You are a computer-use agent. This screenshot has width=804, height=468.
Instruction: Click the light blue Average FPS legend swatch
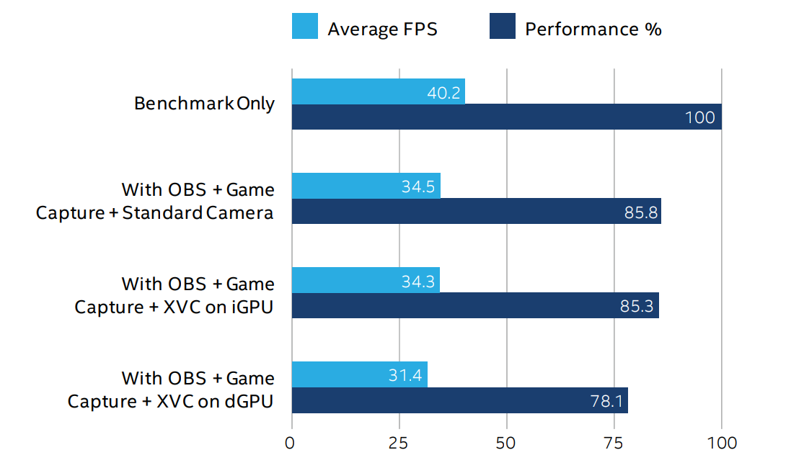click(304, 27)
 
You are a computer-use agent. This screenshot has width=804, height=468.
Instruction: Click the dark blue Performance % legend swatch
click(502, 27)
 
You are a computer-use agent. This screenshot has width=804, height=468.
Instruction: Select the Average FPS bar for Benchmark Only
click(378, 92)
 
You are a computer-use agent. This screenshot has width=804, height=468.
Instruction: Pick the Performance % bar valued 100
click(506, 117)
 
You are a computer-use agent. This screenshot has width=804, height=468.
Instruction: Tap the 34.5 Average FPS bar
click(366, 186)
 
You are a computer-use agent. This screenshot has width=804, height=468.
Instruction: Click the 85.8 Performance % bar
click(476, 211)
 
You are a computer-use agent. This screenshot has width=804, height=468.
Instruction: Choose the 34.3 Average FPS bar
click(365, 280)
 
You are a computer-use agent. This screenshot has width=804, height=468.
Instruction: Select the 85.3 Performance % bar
click(474, 305)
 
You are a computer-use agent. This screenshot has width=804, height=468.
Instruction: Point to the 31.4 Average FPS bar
click(359, 374)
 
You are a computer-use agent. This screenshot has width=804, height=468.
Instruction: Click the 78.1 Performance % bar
click(459, 400)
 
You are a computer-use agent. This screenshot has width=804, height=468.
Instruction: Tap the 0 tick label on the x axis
click(290, 443)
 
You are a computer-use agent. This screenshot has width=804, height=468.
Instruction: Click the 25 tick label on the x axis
click(398, 443)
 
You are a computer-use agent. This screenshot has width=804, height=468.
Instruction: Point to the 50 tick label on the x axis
click(506, 443)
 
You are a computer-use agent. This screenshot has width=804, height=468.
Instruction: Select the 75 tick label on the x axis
click(614, 443)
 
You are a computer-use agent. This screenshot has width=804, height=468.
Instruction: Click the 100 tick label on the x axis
click(721, 443)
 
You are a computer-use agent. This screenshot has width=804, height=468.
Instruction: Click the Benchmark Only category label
click(204, 104)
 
